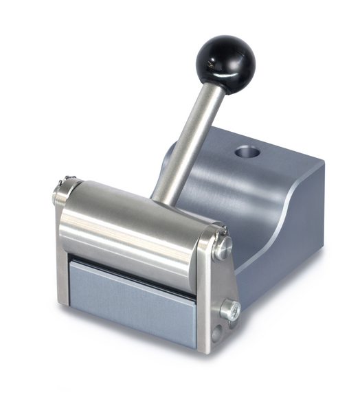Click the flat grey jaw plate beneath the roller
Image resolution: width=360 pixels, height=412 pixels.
point(131,299)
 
